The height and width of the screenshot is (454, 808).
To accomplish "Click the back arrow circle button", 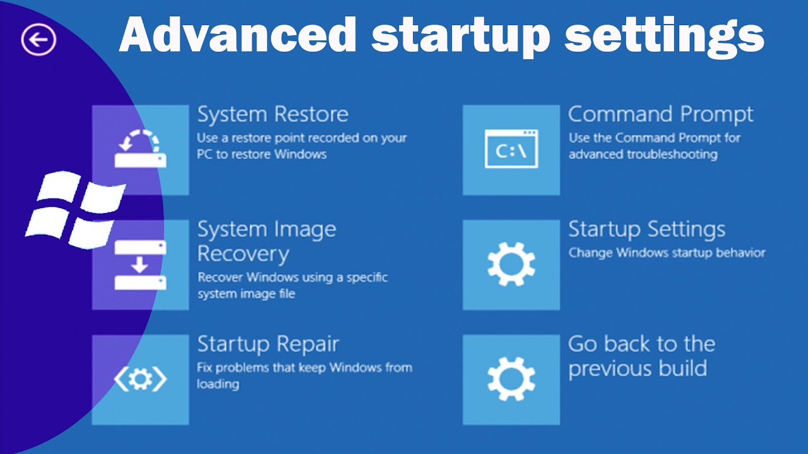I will (39, 40).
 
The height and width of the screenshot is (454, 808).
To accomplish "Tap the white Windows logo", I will (74, 209).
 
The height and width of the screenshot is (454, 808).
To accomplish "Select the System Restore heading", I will (273, 115).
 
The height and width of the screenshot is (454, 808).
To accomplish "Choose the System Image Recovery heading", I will (266, 242).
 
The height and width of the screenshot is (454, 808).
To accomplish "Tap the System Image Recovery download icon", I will (140, 265).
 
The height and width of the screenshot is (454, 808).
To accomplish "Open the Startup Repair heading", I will (268, 344).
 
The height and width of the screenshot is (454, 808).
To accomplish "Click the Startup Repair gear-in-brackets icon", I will (140, 378).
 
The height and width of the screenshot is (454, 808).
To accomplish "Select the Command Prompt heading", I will (660, 115).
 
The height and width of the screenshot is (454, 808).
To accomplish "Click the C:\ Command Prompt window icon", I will (511, 149).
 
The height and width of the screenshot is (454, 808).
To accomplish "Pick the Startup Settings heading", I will (646, 230).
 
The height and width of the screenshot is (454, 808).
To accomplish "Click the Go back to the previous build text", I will (641, 356).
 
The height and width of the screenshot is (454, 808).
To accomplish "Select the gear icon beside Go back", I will (511, 379).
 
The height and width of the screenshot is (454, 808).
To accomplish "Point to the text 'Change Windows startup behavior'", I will (667, 253).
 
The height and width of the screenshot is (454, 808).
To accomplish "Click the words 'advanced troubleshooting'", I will (643, 154).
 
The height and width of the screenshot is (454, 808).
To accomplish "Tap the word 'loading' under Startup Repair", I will (218, 384).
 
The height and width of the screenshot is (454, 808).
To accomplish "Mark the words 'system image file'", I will (246, 294).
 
